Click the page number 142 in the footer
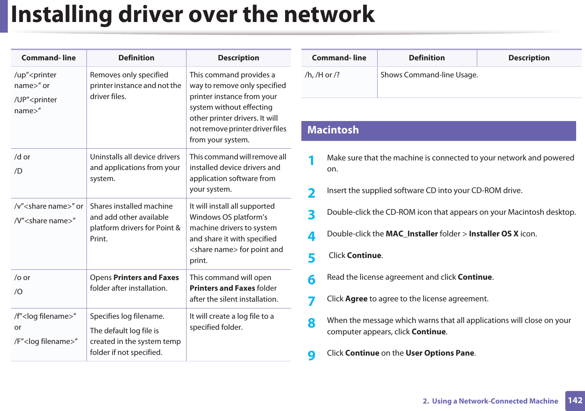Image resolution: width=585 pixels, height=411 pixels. click(575, 400)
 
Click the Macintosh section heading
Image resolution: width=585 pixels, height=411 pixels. click(333, 130)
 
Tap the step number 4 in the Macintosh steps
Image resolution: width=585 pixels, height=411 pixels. click(311, 236)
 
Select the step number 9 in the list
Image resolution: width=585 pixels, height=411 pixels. click(311, 355)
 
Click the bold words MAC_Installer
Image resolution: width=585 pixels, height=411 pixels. click(412, 234)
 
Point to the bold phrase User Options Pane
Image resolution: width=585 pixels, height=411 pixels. click(440, 353)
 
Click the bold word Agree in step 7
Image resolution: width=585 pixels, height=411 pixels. click(356, 299)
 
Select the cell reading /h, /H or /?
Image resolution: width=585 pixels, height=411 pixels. click(322, 75)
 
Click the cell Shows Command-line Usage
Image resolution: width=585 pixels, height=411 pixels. click(429, 75)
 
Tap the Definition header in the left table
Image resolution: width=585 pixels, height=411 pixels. click(136, 58)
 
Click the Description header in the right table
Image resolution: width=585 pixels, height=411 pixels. click(529, 58)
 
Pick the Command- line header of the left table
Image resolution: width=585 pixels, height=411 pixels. click(49, 58)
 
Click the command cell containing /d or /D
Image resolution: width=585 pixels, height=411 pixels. click(22, 164)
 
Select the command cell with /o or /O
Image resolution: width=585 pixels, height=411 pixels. click(22, 284)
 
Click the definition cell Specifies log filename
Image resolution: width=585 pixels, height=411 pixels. click(127, 316)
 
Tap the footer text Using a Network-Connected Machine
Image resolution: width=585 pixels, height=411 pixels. click(495, 401)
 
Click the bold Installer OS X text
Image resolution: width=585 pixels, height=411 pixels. click(494, 234)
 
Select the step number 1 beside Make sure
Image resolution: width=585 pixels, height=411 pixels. click(311, 161)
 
